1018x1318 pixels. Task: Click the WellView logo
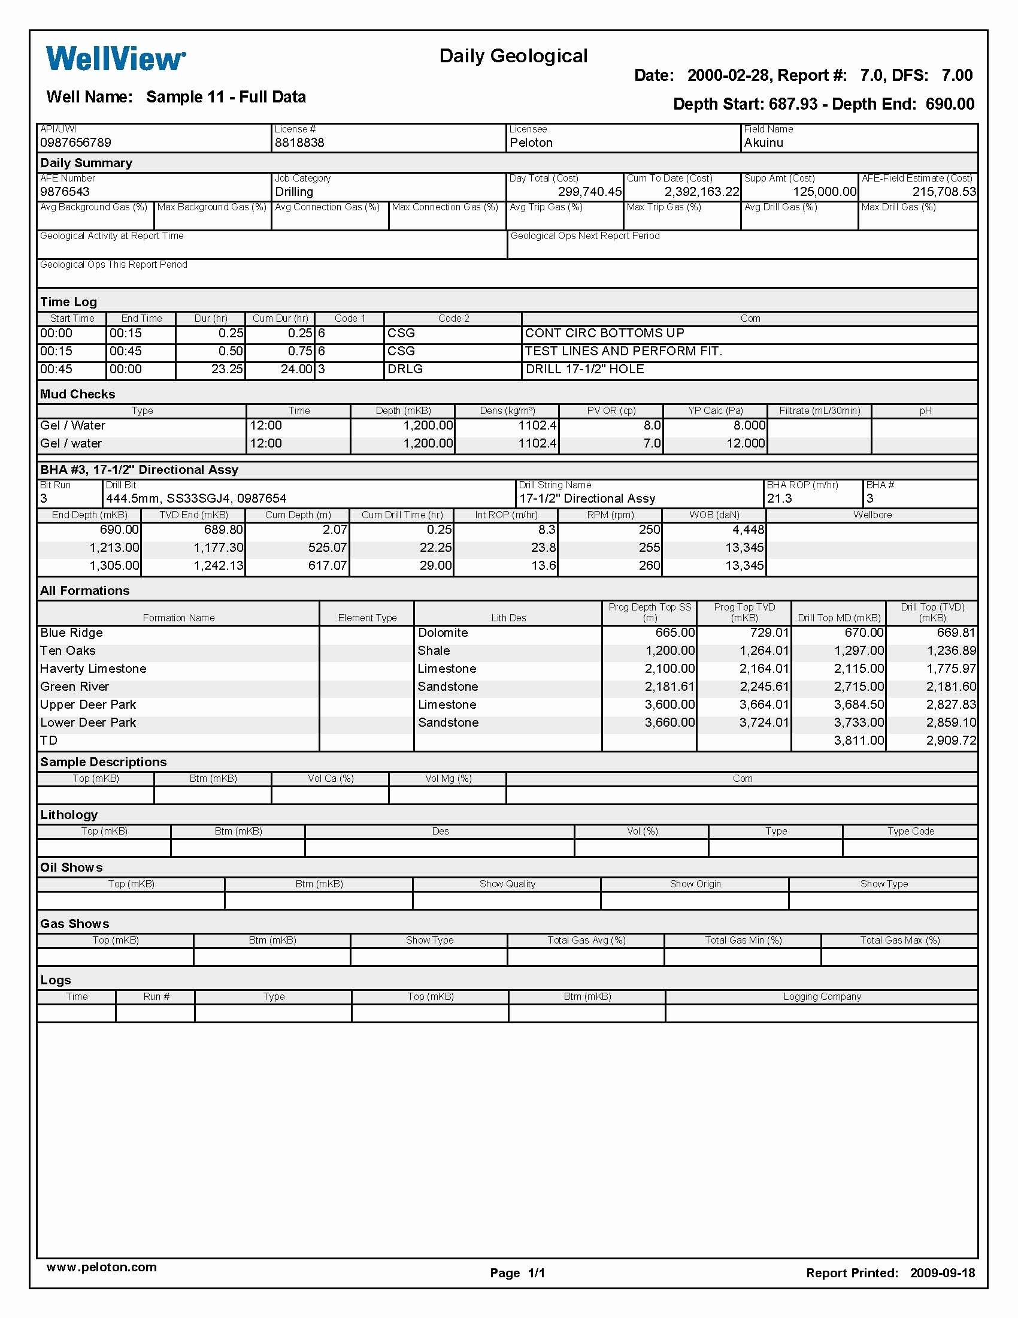(116, 59)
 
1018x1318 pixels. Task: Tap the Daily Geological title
(513, 56)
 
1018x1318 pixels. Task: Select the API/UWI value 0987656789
(75, 143)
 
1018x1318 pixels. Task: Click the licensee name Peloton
(531, 143)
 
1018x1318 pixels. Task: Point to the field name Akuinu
(763, 143)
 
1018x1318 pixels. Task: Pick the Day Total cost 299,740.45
(589, 192)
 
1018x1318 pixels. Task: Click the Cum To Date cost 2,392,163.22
(701, 192)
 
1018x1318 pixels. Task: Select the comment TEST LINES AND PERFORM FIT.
(623, 351)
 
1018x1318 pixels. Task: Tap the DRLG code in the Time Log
(405, 369)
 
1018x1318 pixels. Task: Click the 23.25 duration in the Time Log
(227, 369)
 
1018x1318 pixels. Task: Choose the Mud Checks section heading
(77, 394)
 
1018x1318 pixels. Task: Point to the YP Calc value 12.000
(746, 443)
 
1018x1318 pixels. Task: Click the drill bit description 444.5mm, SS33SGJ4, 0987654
(196, 498)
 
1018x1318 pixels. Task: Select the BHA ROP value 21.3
(779, 498)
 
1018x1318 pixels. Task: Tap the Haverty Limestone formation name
(93, 669)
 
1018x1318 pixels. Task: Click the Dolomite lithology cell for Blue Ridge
(443, 633)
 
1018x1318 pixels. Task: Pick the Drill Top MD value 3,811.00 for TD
(859, 740)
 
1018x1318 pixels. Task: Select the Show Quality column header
(507, 884)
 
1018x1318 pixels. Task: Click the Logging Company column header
(822, 996)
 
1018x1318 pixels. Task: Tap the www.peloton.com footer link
(101, 1267)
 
